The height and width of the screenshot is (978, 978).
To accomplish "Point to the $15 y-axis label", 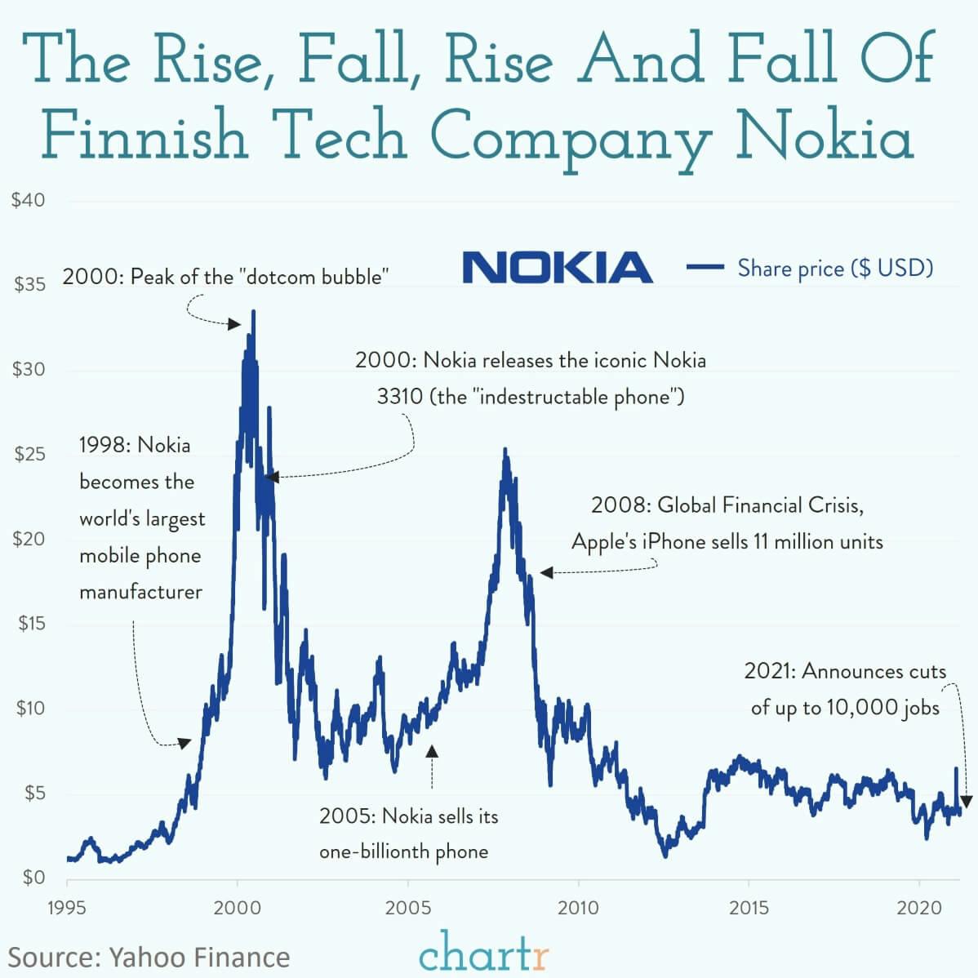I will [31, 624].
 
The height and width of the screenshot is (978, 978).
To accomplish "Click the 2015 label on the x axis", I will [749, 908].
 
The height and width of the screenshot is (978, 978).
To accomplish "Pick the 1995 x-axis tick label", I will [67, 908].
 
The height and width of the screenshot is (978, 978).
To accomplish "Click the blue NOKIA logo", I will [558, 268].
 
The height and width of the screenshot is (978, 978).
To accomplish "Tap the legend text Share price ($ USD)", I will [835, 268].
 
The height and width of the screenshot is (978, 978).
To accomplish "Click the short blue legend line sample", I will [705, 267].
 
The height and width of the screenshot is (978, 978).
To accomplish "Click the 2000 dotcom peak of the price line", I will [254, 312].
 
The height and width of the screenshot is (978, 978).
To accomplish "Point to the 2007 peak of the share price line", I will [505, 450].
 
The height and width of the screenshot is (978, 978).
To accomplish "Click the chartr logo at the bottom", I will [484, 952].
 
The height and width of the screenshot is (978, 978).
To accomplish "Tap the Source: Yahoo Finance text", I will [149, 957].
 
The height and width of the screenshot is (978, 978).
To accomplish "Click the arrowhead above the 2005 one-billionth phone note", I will [432, 749].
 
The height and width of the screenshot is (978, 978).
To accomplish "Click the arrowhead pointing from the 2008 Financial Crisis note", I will [546, 573].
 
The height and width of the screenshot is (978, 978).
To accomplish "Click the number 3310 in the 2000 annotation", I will [399, 397].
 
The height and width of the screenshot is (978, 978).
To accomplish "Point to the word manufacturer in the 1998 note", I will [140, 592].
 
